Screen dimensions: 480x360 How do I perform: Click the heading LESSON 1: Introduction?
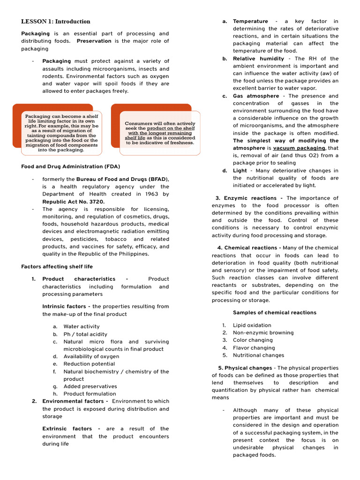click(56, 22)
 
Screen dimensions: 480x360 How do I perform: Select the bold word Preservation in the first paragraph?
click(94, 41)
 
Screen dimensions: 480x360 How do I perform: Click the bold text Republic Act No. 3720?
click(65, 202)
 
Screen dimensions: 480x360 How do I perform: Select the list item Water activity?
click(82, 326)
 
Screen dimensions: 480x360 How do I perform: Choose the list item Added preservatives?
click(90, 386)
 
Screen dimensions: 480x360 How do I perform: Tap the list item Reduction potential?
click(89, 364)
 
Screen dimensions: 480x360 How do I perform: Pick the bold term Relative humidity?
click(258, 59)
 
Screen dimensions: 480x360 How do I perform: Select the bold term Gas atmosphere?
click(256, 96)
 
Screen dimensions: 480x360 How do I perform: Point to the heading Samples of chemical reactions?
click(274, 313)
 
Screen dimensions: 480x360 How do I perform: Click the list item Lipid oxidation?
click(252, 325)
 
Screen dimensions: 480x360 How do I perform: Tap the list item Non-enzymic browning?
click(263, 333)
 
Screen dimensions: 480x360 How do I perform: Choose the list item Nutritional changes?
click(258, 355)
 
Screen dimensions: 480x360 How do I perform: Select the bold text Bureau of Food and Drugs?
click(112, 179)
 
